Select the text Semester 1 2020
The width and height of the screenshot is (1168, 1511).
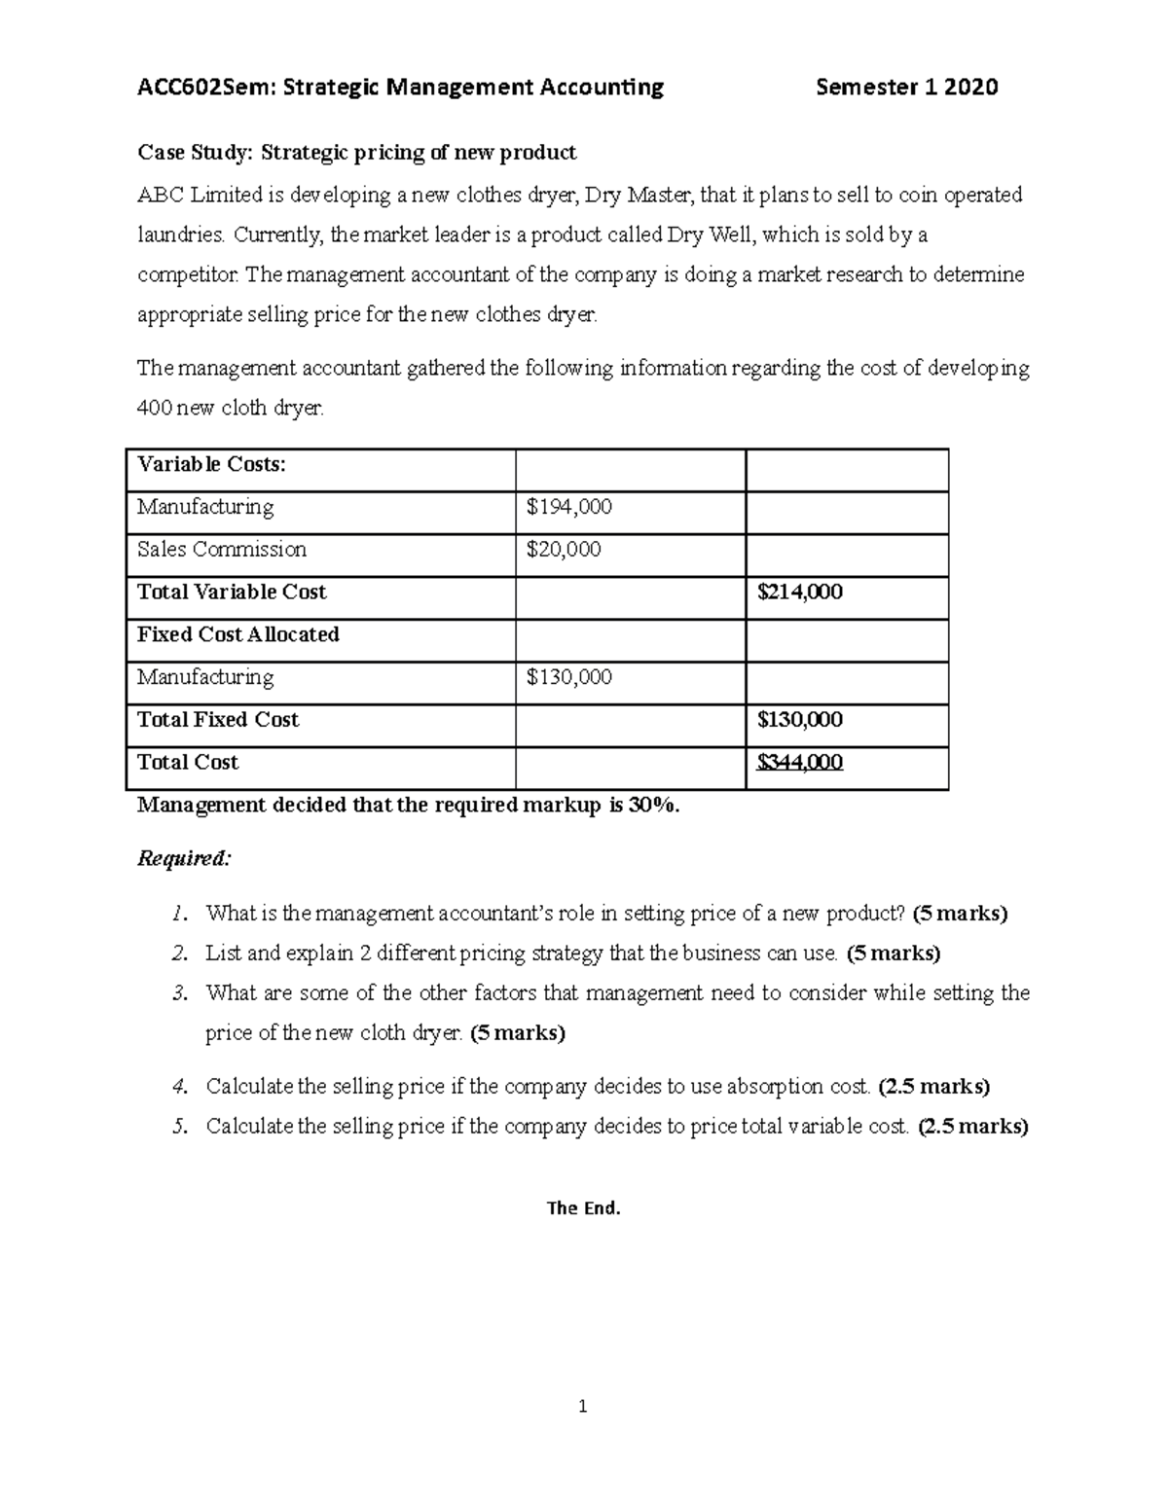[906, 88]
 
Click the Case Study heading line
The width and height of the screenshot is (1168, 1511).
[356, 153]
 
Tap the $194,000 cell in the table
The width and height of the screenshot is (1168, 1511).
[568, 507]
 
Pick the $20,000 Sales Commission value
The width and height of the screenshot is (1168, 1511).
[563, 550]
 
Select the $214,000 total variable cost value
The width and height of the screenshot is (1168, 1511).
[799, 593]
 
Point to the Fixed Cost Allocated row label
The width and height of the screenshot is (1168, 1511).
[237, 634]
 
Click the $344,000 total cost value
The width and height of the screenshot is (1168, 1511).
[799, 763]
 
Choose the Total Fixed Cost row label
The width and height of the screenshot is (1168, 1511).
[217, 720]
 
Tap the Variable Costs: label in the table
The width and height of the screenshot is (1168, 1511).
[211, 464]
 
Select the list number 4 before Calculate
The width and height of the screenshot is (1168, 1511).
[178, 1086]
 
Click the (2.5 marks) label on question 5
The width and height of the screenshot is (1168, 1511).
[972, 1127]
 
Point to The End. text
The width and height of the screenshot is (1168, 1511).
[583, 1208]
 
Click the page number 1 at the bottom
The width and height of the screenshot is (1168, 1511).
[582, 1406]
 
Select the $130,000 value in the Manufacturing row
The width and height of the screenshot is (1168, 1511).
[568, 677]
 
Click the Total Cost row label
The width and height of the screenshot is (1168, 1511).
[187, 763]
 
